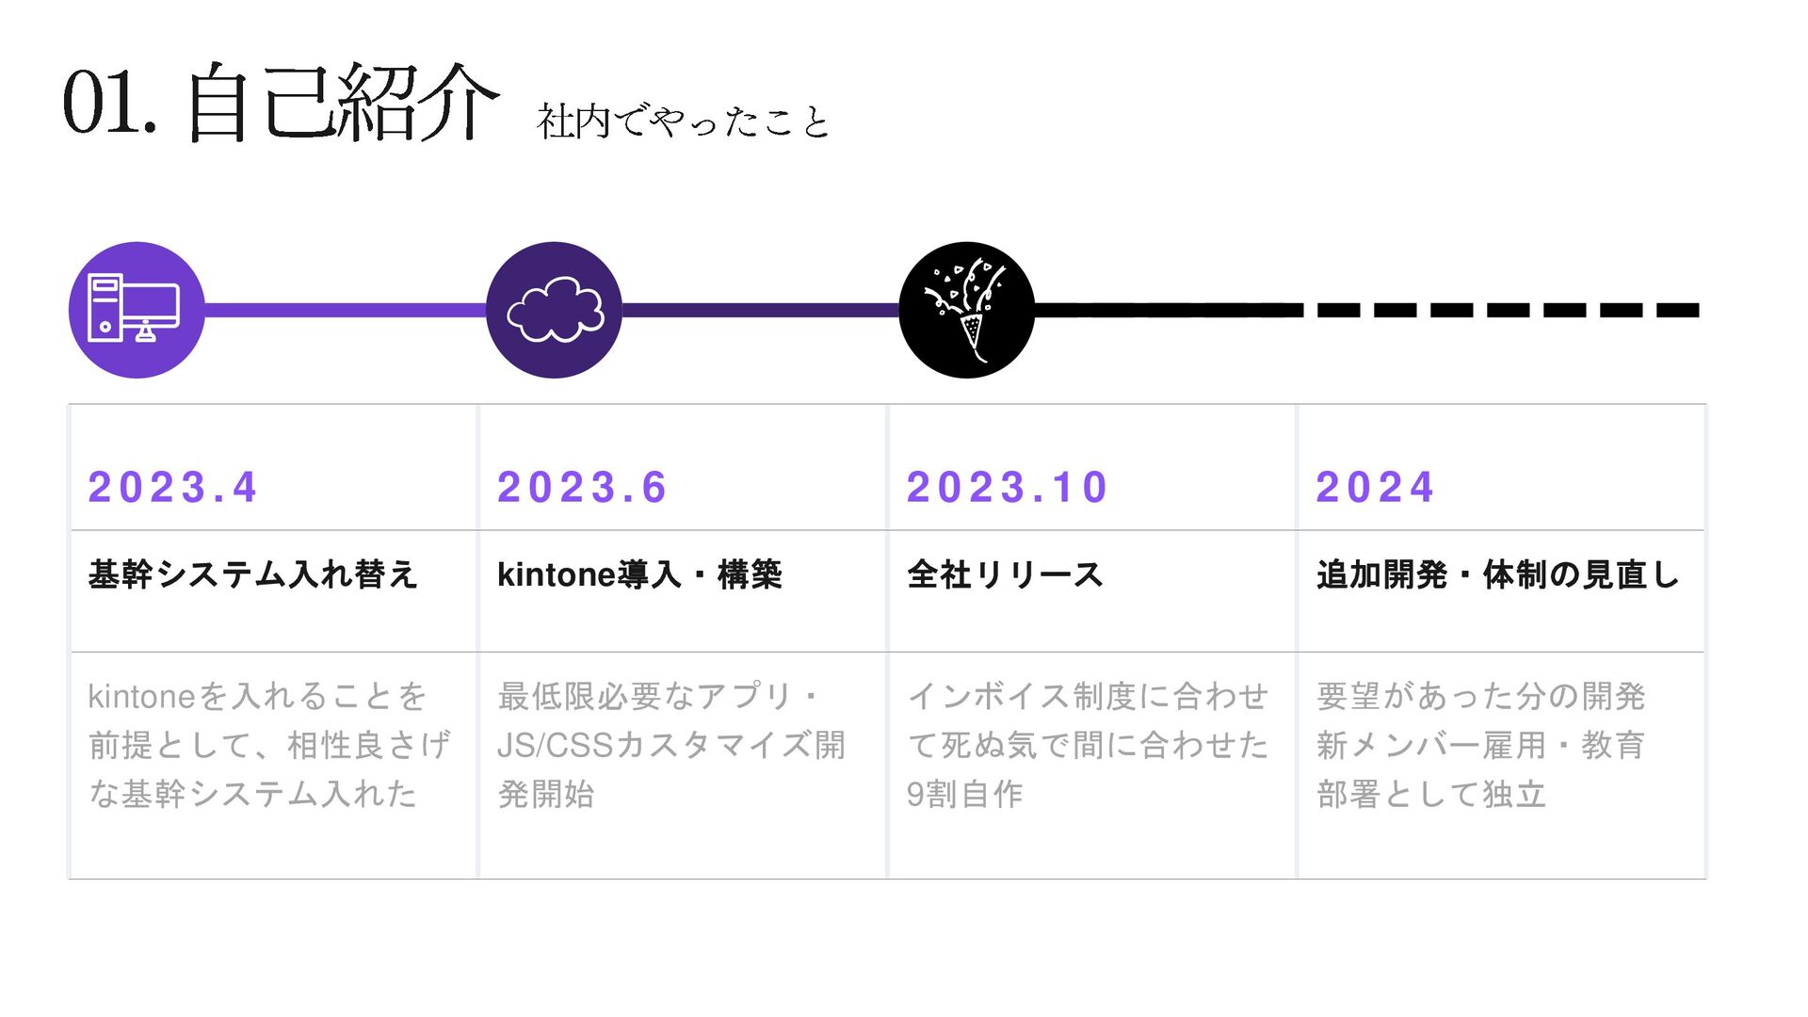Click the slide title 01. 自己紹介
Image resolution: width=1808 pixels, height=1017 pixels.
pos(280,102)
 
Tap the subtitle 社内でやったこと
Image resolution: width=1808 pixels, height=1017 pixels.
pos(683,122)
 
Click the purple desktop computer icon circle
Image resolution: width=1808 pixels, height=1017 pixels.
pos(137,310)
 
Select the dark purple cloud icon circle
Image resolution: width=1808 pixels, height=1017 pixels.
pos(554,310)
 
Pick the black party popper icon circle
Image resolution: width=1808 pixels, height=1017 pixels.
pos(966,310)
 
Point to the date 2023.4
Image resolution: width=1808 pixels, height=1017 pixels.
pos(172,487)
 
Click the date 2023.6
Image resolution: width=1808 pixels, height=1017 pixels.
pos(582,487)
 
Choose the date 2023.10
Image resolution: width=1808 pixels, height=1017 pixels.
pos(1007,487)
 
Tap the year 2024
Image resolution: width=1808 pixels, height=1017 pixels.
pos(1375,487)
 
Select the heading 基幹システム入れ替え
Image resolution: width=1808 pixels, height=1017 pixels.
pos(252,574)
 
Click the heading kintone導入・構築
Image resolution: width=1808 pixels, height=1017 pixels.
pos(639,574)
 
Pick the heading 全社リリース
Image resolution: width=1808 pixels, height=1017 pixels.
pos(1005,574)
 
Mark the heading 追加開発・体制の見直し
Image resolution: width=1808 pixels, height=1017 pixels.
pos(1497,574)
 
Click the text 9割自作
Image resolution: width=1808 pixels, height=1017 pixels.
pos(964,794)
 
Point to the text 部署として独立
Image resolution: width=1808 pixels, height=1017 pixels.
pos(1431,794)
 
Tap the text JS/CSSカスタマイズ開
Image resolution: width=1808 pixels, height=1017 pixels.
pos(670,745)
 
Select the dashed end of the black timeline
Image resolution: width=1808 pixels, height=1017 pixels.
pos(1507,310)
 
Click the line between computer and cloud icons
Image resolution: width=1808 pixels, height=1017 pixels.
pos(345,310)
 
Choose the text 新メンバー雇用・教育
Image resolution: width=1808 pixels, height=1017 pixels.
pos(1480,745)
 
